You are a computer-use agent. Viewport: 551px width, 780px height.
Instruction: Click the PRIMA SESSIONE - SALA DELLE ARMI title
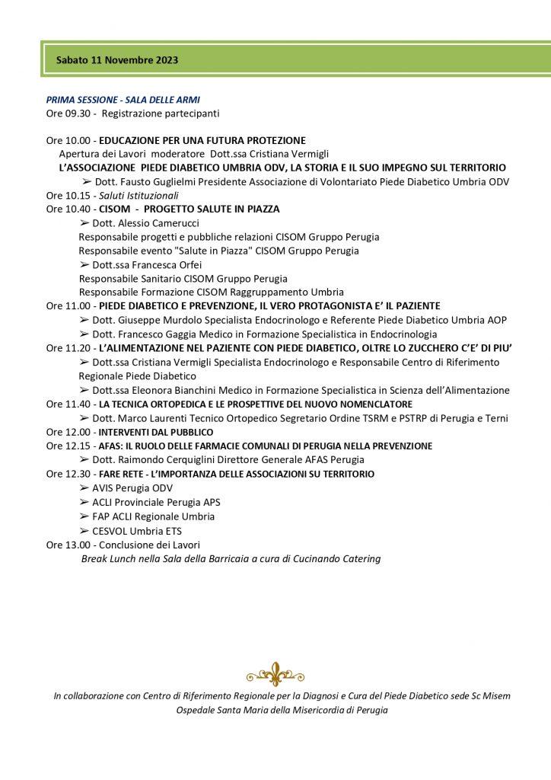tap(123, 100)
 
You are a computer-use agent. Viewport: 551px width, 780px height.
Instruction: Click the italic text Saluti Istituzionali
tap(140, 194)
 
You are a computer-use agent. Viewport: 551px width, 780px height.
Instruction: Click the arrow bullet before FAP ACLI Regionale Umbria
tap(84, 516)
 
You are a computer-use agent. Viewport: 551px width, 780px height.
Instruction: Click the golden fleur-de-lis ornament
tap(275, 673)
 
